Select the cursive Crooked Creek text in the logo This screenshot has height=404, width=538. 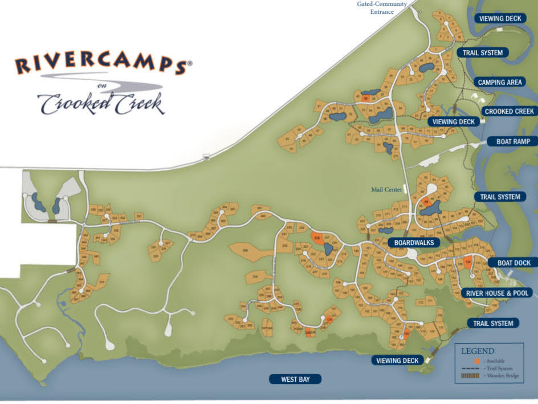[x=101, y=103]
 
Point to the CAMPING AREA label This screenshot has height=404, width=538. [x=500, y=82]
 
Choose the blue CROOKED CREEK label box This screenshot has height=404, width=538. [x=509, y=111]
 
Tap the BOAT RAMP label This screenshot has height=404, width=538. [x=513, y=141]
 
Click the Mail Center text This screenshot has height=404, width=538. [x=387, y=190]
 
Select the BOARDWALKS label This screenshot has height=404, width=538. [x=414, y=242]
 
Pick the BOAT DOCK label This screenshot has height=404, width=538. [x=513, y=263]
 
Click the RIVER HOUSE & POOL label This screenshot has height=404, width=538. [x=498, y=293]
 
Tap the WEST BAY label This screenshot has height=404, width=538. [x=296, y=379]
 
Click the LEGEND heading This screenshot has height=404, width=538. [x=478, y=351]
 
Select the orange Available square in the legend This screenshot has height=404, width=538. [x=477, y=361]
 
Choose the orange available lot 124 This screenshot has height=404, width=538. [x=468, y=263]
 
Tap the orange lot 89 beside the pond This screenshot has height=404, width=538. [x=426, y=201]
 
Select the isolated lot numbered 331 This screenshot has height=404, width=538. [x=138, y=216]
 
